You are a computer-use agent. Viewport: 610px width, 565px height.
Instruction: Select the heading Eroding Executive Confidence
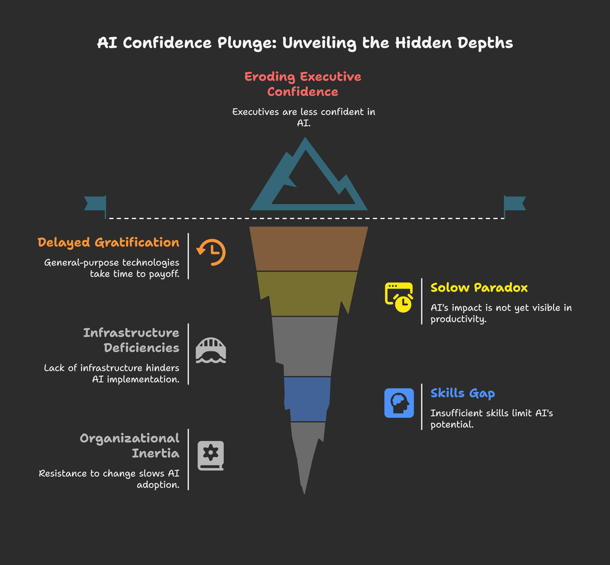[303, 84]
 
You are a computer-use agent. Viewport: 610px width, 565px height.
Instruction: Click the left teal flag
[96, 205]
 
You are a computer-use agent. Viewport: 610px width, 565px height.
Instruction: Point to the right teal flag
[514, 205]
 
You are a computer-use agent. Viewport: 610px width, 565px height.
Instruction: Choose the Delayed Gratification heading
[109, 242]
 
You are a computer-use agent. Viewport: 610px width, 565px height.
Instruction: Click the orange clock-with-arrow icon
[210, 252]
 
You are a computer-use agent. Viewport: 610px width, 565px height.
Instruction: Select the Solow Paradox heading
[479, 287]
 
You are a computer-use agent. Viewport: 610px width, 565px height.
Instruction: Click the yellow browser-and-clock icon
[399, 297]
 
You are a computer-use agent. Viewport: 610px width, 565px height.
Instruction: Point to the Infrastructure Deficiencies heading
[131, 340]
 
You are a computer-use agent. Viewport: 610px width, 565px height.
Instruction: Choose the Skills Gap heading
[462, 393]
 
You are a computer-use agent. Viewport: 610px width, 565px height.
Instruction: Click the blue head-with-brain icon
[399, 403]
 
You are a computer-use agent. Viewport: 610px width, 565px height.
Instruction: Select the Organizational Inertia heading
[130, 445]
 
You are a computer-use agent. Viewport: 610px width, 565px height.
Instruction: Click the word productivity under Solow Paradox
[458, 320]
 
